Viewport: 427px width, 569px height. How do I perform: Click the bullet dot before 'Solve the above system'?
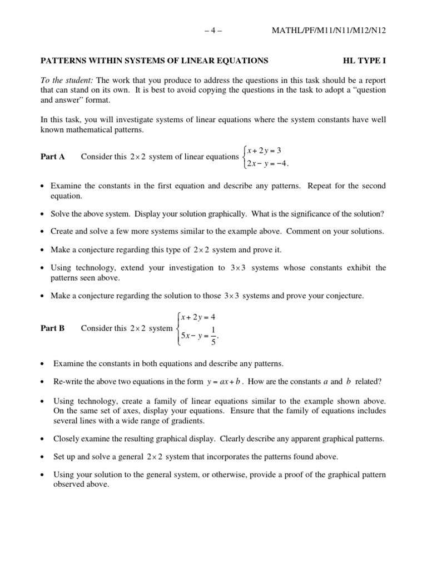[43, 214]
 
